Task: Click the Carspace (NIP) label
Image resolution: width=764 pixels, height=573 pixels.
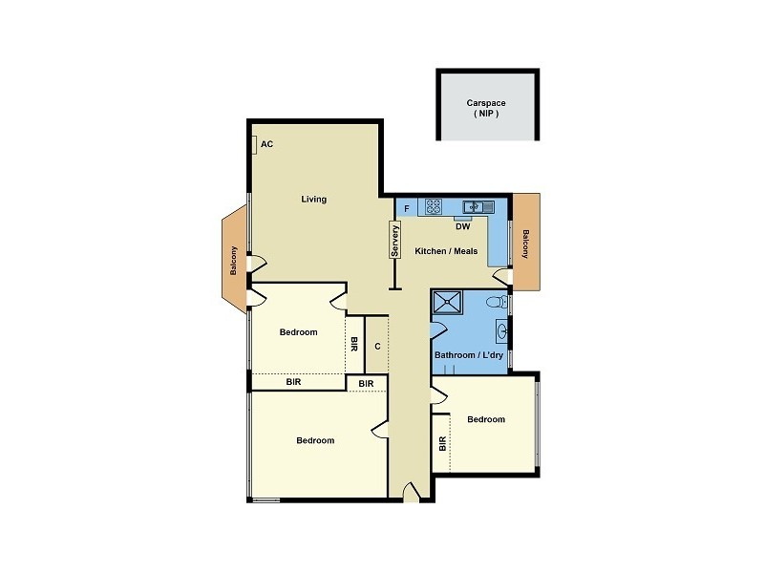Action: coord(487,107)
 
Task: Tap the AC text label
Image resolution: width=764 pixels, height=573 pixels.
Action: coord(267,144)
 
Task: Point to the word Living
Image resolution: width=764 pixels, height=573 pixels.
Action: coord(313,200)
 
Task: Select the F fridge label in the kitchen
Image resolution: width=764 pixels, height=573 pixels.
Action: coord(408,207)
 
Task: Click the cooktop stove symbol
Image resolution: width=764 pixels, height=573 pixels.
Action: coord(434,205)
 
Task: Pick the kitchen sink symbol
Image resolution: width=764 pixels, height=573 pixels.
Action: coord(477,206)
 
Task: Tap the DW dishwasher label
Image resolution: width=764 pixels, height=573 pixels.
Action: coord(462,227)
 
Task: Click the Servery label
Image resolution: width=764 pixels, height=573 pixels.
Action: coord(393,241)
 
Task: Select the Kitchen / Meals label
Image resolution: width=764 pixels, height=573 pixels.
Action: coord(446,251)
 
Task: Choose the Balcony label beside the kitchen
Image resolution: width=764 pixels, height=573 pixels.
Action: coord(525,244)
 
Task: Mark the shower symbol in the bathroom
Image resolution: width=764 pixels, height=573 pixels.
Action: coord(448,303)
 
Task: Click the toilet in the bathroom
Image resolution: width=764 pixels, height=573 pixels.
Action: coord(495,302)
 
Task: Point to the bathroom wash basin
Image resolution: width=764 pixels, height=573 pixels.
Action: coord(502,332)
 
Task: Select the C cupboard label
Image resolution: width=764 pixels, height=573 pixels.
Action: coord(377,346)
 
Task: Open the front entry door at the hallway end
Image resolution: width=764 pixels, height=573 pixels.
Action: coord(411,494)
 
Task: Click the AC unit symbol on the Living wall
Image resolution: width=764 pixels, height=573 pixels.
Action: coord(254,145)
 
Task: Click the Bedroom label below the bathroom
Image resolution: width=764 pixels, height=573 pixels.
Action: coord(485,419)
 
